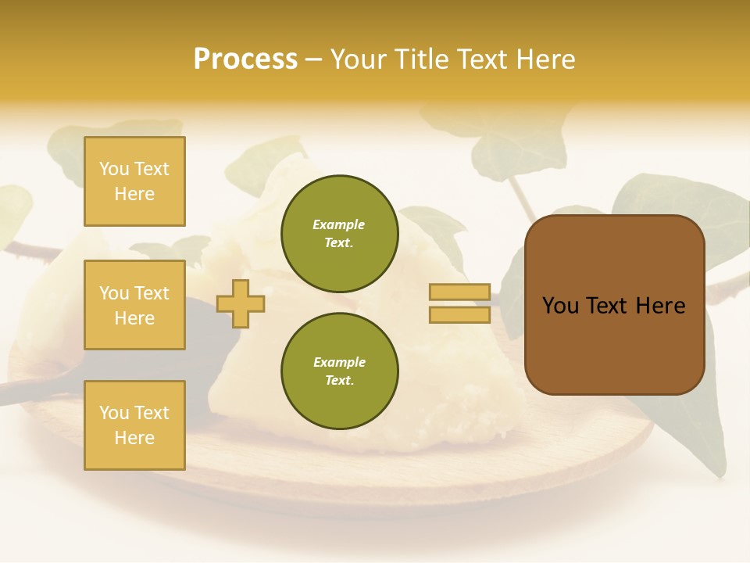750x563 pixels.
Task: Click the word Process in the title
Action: point(245,59)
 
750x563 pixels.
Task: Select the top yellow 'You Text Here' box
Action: point(134,181)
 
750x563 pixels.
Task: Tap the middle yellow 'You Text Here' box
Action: point(134,305)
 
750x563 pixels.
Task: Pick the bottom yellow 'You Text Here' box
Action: point(134,425)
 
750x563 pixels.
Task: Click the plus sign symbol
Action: point(240,303)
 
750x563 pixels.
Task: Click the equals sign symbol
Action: point(459,303)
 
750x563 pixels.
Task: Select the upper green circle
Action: point(339,234)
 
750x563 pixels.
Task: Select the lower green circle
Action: point(339,371)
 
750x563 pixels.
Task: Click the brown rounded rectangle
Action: point(614,305)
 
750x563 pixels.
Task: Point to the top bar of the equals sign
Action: point(459,292)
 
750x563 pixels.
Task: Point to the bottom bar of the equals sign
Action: point(459,315)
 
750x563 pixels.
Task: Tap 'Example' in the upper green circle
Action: point(339,225)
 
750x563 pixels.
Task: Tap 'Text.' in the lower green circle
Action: point(339,381)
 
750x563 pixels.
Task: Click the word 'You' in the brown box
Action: point(560,306)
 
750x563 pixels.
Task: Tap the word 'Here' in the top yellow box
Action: point(134,194)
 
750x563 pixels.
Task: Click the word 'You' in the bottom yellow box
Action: point(113,413)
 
